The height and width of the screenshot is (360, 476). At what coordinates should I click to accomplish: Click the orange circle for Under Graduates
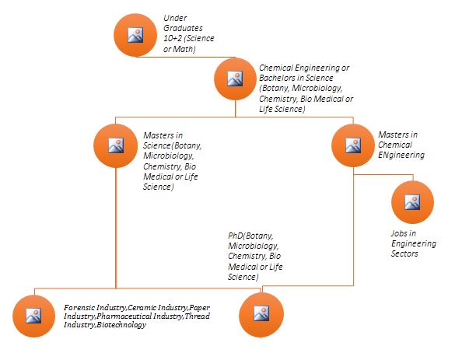[x=135, y=34]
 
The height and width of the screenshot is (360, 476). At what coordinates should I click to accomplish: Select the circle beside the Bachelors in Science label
[x=235, y=78]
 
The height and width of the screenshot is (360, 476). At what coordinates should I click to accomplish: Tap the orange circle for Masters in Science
[x=115, y=145]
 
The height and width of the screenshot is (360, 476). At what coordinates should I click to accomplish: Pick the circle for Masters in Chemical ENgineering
[x=353, y=145]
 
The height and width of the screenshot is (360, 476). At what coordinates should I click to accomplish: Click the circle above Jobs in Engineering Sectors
[x=412, y=202]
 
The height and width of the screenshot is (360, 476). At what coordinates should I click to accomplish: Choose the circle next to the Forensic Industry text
[x=34, y=316]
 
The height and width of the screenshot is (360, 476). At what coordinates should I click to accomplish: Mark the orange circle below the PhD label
[x=260, y=316]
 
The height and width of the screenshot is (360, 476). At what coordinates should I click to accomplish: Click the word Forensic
[x=80, y=309]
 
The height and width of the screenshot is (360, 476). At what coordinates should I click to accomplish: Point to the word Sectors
[x=404, y=253]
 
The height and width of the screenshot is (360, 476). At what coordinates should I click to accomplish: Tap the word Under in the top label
[x=175, y=17]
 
